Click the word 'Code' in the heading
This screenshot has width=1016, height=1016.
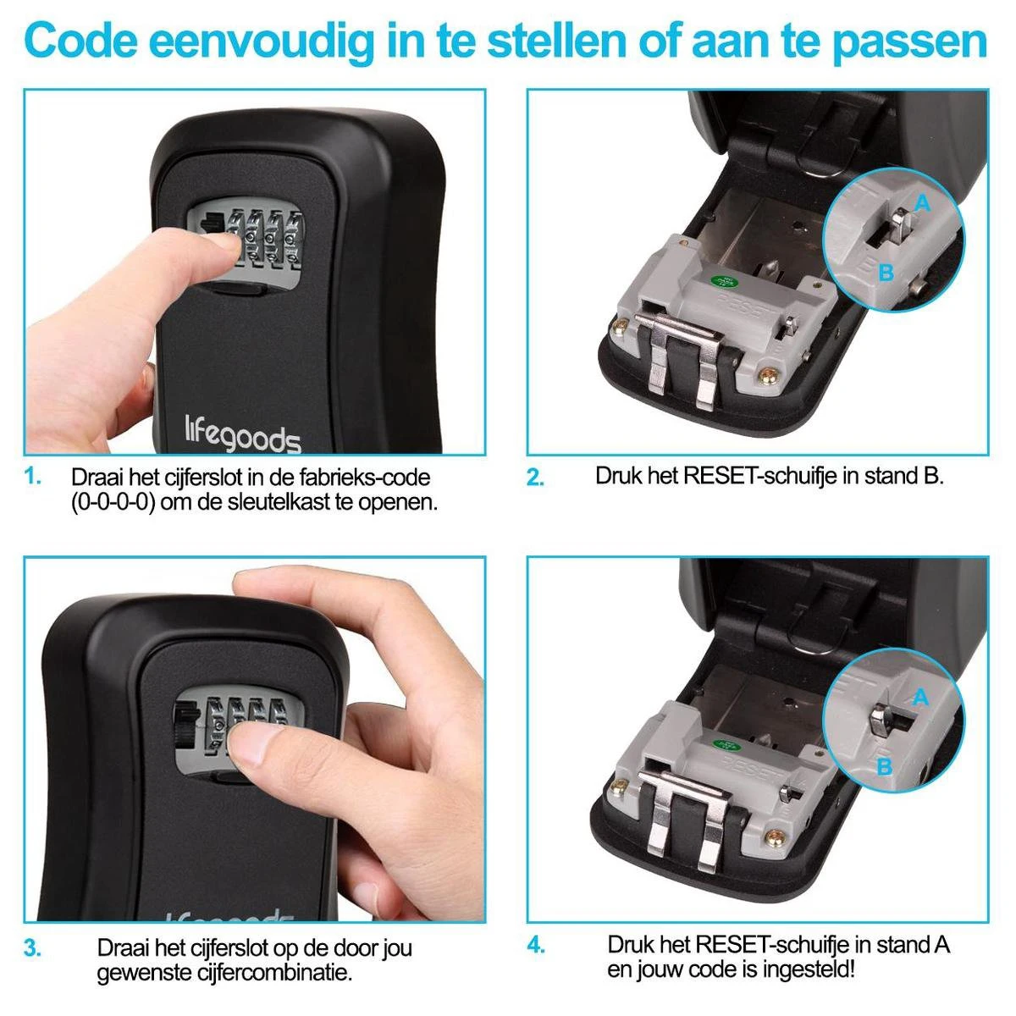tap(80, 42)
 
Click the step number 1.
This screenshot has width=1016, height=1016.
tap(32, 477)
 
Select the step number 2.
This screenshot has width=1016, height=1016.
tap(535, 478)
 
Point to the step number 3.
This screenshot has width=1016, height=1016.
tap(32, 948)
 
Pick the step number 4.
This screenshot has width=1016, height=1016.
tap(536, 946)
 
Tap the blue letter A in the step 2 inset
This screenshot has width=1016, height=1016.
tap(922, 202)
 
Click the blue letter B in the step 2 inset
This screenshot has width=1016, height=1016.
tap(886, 272)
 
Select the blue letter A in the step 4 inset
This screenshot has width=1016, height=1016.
tap(920, 697)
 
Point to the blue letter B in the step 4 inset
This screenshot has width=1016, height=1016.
tap(884, 766)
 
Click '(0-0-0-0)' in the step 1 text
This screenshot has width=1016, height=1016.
tap(113, 502)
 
